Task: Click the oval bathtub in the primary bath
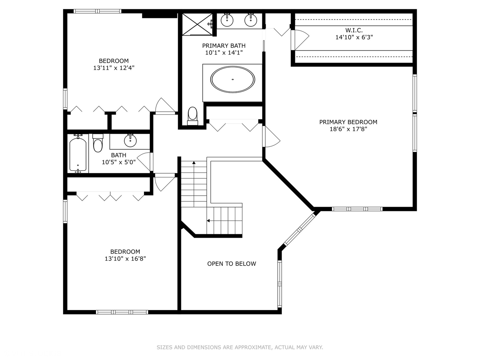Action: pos(232,79)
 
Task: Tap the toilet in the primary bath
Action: pos(192,116)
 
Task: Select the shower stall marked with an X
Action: pos(197,24)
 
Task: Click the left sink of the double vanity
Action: pos(227,20)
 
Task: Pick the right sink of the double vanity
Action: pos(251,20)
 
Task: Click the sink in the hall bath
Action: pos(130,140)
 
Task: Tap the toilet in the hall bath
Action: pos(98,143)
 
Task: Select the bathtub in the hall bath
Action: pos(78,154)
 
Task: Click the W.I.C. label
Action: pos(354,30)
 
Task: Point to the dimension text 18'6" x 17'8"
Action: pos(348,129)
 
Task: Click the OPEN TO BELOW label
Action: pos(232,264)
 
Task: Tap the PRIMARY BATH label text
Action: pos(224,46)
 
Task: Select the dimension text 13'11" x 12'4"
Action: pos(114,68)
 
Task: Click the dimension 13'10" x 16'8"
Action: pos(125,259)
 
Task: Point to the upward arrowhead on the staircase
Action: pos(194,162)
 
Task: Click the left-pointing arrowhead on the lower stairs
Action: pos(208,221)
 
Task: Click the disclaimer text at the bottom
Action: pos(240,347)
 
